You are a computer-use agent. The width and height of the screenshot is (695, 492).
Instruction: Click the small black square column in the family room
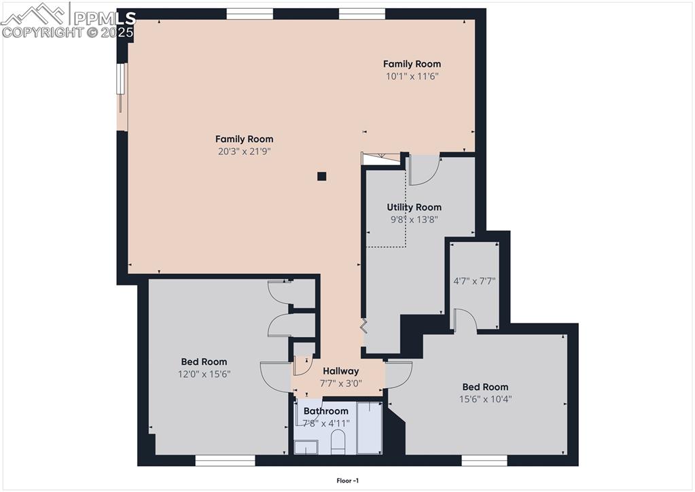point(322,177)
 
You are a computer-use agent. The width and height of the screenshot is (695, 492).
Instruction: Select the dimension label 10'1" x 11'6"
point(412,76)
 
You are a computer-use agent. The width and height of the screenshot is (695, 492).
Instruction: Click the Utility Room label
point(414,207)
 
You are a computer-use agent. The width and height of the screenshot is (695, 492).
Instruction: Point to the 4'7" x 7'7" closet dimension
point(474,281)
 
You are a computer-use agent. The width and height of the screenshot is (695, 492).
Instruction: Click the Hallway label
point(340,371)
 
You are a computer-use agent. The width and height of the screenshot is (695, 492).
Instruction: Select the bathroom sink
point(306,447)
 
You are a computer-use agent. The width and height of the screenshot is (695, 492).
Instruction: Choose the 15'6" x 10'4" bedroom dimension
point(485,399)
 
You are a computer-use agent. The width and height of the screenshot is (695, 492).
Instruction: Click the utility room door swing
point(424,170)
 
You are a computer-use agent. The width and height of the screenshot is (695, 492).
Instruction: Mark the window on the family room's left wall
point(121,88)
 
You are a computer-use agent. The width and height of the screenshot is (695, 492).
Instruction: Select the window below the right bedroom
point(484,461)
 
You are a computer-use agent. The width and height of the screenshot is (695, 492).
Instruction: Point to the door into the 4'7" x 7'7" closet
point(465,321)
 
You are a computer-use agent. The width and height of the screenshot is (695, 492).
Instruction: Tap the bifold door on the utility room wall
point(364,325)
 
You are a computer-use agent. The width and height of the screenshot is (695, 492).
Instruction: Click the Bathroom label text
point(325,411)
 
